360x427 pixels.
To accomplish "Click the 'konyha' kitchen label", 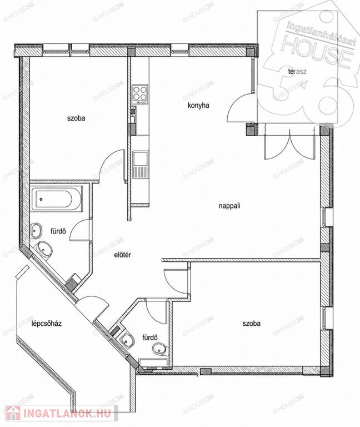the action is (x=198, y=106).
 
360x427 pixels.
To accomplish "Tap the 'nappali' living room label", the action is (x=229, y=206).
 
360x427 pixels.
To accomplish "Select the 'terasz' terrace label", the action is (x=298, y=72).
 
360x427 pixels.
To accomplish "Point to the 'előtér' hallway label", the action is (x=122, y=255).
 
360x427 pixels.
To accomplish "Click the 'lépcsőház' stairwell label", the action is (x=46, y=324).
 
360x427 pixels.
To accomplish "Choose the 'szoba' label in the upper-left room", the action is (x=76, y=118).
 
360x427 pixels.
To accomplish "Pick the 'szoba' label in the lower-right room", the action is (x=252, y=324).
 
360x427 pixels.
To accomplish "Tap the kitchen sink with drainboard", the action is (x=141, y=165).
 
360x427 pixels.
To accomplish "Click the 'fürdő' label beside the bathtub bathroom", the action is (x=58, y=231).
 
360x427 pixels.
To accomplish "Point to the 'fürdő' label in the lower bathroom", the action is (x=150, y=337).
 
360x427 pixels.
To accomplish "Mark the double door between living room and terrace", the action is (x=289, y=143).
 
